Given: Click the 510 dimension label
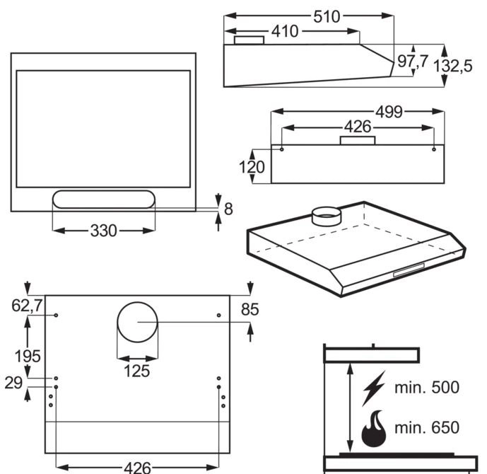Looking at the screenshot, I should coord(327,16).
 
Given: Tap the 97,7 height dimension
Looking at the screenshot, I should coord(412,62).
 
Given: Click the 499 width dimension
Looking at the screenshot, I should coord(389,112).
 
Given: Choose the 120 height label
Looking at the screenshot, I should coord(252,168).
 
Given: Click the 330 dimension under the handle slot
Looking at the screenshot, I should coord(104,231).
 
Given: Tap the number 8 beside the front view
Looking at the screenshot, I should coord(228,209).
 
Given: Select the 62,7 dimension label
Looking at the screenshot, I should coord(28,306).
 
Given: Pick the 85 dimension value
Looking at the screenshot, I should coord(250,310).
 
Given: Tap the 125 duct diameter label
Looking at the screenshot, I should coord(136,370).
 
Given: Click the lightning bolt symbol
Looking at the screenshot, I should coord(373,388).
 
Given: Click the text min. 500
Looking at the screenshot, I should coord(426,388).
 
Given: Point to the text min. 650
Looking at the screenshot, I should coord(426,427).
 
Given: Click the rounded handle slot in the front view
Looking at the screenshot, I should coord(103,200).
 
